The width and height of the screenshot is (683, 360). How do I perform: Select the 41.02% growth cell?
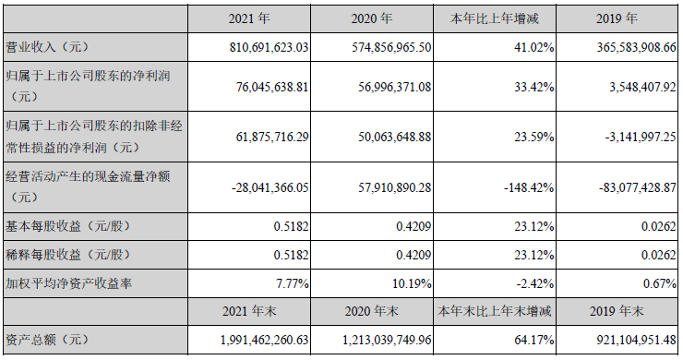[533, 45]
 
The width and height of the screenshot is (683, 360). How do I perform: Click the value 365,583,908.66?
[624, 45]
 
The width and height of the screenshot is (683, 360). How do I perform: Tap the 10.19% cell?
[411, 283]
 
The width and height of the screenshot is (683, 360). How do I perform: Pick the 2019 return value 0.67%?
[660, 283]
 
